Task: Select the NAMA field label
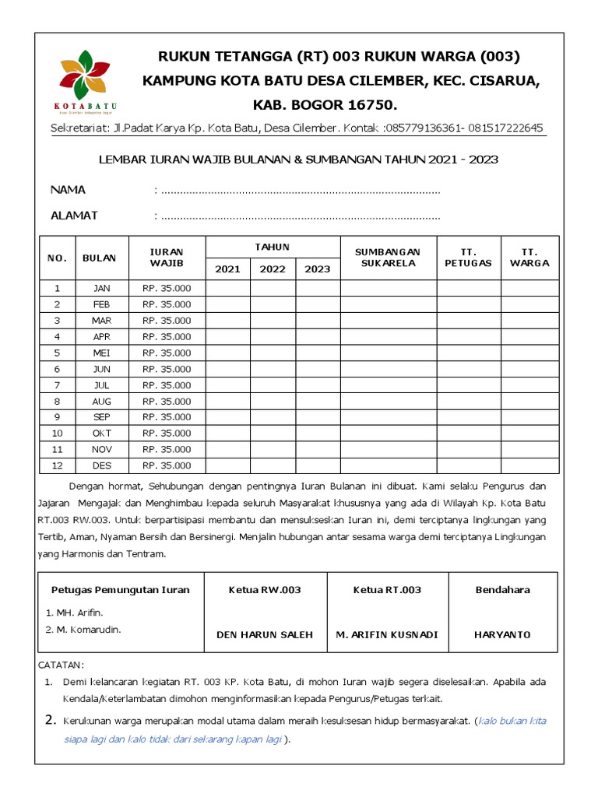pyautogui.click(x=69, y=190)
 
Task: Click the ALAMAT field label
pyautogui.click(x=74, y=216)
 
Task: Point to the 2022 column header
pyautogui.click(x=273, y=269)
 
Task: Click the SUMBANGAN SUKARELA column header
pyautogui.click(x=388, y=258)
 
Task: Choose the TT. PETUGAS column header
pyautogui.click(x=468, y=258)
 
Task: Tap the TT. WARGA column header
pyautogui.click(x=529, y=258)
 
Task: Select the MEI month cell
pyautogui.click(x=101, y=353)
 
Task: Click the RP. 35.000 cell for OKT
pyautogui.click(x=167, y=434)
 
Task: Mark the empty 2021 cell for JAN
pyautogui.click(x=227, y=288)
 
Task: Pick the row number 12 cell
pyautogui.click(x=57, y=465)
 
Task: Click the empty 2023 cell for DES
pyautogui.click(x=318, y=465)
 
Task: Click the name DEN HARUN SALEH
pyautogui.click(x=265, y=634)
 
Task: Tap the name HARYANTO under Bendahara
pyautogui.click(x=502, y=634)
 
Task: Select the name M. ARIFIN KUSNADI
pyautogui.click(x=387, y=634)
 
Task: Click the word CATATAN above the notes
pyautogui.click(x=61, y=665)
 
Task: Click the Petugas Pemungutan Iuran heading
pyautogui.click(x=121, y=590)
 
